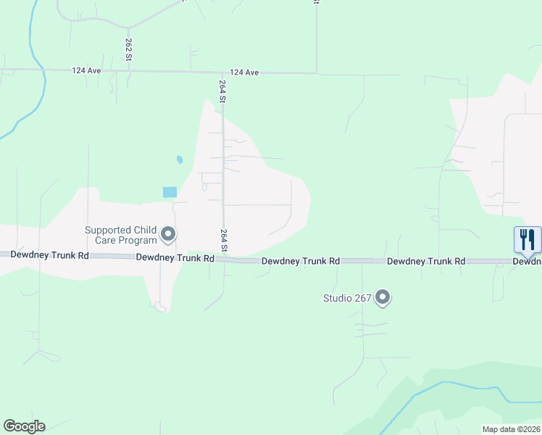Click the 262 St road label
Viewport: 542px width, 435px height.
[x=128, y=49]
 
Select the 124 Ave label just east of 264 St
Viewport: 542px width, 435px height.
[x=244, y=72]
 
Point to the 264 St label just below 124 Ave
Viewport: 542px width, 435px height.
[x=222, y=91]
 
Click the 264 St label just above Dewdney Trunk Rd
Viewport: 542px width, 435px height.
[x=224, y=241]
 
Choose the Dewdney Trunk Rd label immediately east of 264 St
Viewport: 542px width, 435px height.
[x=300, y=260]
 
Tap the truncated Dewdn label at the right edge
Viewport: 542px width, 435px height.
[x=527, y=261]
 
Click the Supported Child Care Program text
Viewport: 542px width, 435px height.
[x=121, y=235]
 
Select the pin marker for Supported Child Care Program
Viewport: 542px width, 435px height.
[x=168, y=234]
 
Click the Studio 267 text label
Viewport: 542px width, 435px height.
[x=347, y=297]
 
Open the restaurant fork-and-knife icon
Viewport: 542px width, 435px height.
[x=527, y=240]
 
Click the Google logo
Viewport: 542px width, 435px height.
[x=24, y=426]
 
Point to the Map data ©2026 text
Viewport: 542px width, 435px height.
[x=511, y=429]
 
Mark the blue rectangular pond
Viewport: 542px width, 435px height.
[x=170, y=192]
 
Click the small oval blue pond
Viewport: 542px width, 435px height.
[x=179, y=159]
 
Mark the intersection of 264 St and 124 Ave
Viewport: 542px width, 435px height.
[x=222, y=72]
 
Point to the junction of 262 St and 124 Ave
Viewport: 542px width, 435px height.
[x=128, y=71]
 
